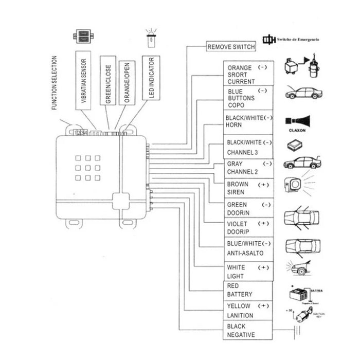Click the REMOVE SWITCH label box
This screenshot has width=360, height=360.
[231, 47]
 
